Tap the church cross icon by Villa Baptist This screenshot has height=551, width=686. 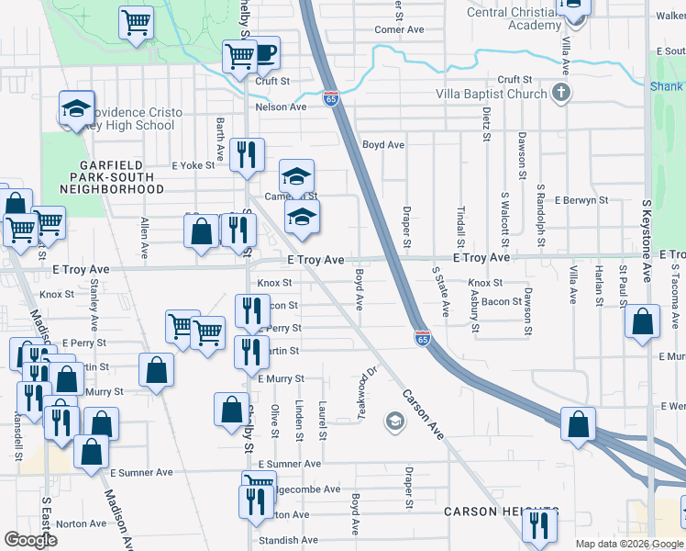coord(561,93)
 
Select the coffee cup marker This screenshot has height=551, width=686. coord(263,54)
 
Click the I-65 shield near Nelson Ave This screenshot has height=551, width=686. coord(330,98)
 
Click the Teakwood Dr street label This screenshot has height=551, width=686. coord(368,393)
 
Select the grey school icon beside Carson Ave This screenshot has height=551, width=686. coord(395,422)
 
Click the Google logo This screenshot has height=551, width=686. coord(31,540)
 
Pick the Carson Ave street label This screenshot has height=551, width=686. coord(423,413)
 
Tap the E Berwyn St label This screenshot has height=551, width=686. coord(577,200)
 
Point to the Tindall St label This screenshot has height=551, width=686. coord(460,221)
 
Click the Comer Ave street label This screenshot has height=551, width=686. coord(399,29)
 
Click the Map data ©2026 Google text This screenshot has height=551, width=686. coord(628,544)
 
